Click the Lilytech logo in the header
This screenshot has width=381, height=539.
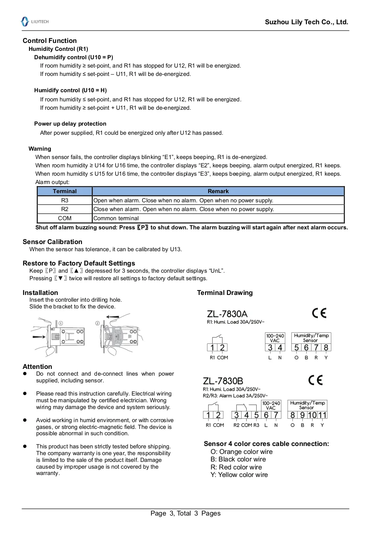[x=35, y=21]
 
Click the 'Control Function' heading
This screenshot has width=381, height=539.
[x=50, y=41]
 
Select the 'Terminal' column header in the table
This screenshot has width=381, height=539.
[x=65, y=191]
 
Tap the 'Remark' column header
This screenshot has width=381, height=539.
[x=218, y=191]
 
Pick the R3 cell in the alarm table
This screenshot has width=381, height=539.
[x=65, y=200]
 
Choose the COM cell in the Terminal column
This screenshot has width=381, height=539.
[x=65, y=218]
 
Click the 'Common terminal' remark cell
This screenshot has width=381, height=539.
[x=116, y=218]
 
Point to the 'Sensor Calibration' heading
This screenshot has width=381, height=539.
[x=52, y=242]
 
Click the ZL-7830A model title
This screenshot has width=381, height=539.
[x=227, y=314]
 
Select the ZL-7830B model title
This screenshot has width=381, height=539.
[x=223, y=381]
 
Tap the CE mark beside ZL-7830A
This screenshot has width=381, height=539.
[x=319, y=313]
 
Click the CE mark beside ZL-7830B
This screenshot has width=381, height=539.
[x=315, y=380]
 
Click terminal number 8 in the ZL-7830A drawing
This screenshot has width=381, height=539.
[x=326, y=348]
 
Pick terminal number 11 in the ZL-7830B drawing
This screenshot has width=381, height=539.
[x=323, y=415]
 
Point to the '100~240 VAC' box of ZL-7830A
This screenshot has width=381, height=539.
[x=275, y=338]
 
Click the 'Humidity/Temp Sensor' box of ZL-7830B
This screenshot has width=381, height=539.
[x=307, y=405]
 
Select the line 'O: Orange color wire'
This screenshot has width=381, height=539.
[x=242, y=452]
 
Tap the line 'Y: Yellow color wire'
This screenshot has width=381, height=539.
[x=239, y=475]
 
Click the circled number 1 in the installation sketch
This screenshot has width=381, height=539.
[x=61, y=323]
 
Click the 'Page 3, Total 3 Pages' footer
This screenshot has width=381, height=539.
[x=186, y=513]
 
